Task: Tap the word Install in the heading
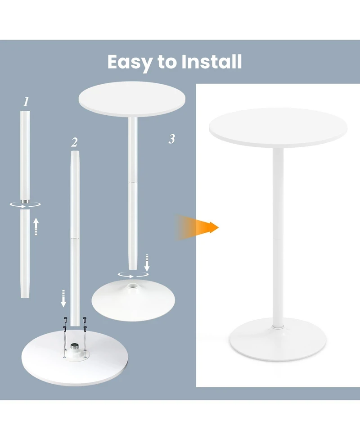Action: [x=212, y=62]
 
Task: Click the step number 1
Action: [x=26, y=102]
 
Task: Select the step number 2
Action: [x=74, y=143]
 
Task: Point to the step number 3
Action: [x=171, y=139]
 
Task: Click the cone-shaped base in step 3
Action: [x=134, y=299]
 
